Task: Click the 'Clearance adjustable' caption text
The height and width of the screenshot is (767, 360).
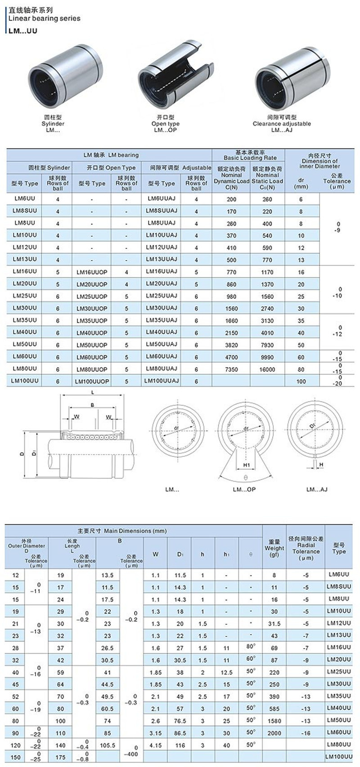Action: [x=282, y=124]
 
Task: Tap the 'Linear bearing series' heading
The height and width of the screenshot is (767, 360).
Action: [x=45, y=18]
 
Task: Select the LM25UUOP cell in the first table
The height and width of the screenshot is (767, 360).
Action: [x=92, y=297]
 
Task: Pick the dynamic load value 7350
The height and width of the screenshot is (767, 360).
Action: [x=231, y=369]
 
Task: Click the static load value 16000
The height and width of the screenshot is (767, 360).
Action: [x=267, y=369]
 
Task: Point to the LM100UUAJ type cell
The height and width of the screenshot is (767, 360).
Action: [x=162, y=381]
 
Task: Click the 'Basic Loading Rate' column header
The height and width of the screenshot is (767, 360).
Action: [x=250, y=158]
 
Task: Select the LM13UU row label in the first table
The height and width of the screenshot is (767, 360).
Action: [x=25, y=259]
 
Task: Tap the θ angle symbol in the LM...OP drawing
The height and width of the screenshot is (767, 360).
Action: [x=246, y=477]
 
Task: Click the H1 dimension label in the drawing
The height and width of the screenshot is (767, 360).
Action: [x=247, y=465]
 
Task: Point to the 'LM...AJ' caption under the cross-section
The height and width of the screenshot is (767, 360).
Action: [x=317, y=489]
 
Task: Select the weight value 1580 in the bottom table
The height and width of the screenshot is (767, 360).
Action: [x=274, y=721]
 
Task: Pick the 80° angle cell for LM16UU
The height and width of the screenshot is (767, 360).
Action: [x=251, y=647]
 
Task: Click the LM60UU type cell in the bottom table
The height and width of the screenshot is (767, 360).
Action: [x=339, y=732]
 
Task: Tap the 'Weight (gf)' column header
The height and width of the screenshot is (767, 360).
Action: [x=274, y=548]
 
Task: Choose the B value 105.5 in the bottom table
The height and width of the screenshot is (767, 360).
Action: [x=108, y=745]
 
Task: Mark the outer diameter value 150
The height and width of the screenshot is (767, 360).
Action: [x=16, y=758]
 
